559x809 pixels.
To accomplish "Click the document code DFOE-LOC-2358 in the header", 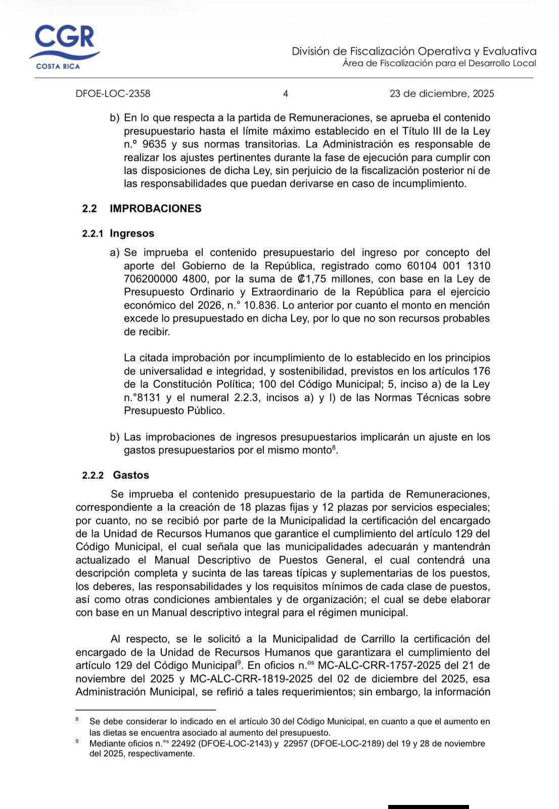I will [113, 94].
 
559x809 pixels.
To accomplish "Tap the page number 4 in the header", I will [286, 94].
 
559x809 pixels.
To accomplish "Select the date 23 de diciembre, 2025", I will [442, 94].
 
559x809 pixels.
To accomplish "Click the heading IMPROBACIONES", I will [155, 208].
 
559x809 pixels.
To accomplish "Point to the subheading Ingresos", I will [132, 234].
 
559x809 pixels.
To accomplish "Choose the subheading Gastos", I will [131, 475].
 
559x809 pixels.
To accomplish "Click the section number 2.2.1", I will [93, 234].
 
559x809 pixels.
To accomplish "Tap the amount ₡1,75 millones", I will [333, 279].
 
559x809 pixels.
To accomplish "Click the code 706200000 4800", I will [169, 279].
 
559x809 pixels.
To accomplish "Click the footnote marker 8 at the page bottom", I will [77, 718].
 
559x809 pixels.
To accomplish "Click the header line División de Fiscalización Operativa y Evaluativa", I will [414, 51].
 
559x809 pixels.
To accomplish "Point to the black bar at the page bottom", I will [428, 806].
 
